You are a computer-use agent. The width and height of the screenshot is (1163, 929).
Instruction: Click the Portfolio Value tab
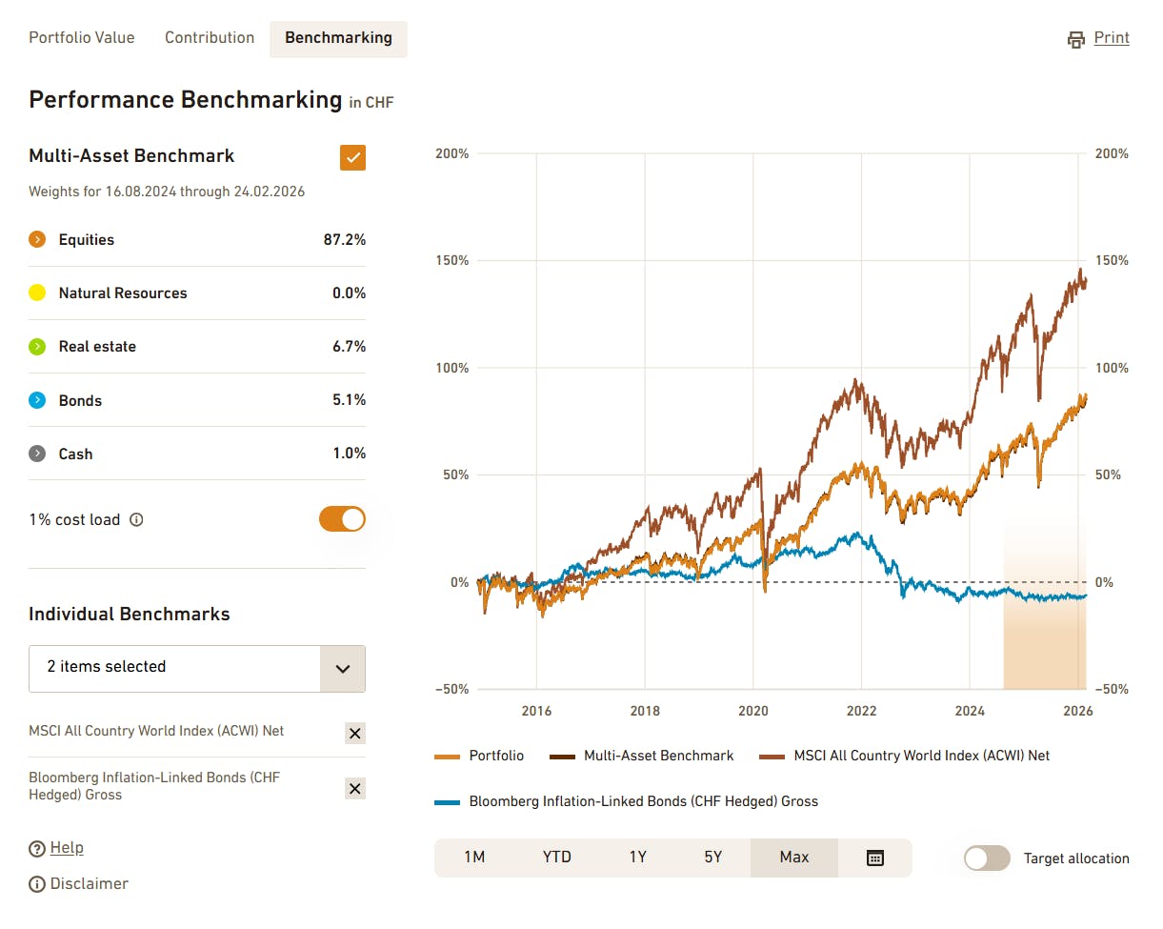tap(82, 38)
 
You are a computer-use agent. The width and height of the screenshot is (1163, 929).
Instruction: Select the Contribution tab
tap(210, 38)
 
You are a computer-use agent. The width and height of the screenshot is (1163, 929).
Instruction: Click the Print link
tap(1111, 38)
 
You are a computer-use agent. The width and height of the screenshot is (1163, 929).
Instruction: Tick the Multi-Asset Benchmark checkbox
tap(352, 157)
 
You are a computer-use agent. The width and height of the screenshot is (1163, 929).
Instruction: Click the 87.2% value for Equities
tap(344, 240)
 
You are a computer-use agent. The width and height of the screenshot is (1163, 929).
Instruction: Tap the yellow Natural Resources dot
tap(37, 293)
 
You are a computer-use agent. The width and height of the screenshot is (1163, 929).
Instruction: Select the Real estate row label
tap(97, 347)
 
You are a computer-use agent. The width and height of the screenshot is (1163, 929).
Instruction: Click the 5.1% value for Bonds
tap(349, 400)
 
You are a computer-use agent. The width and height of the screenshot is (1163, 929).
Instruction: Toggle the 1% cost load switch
tap(342, 519)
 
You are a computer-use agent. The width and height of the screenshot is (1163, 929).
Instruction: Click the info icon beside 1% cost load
tap(136, 520)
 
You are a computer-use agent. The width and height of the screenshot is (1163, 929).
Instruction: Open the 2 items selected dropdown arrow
tap(343, 668)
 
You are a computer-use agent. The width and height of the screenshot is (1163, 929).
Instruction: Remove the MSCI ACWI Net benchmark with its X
tap(354, 733)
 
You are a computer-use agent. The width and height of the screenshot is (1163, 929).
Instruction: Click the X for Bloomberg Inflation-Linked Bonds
tap(354, 788)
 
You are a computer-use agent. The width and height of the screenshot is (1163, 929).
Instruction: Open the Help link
tap(67, 848)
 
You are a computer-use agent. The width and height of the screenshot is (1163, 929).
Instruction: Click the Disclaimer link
tap(89, 884)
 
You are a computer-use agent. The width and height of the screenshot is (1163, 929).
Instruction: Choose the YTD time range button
tap(557, 858)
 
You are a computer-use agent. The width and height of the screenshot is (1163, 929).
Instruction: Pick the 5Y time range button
tap(713, 858)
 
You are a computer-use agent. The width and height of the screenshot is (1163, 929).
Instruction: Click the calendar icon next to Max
tap(874, 858)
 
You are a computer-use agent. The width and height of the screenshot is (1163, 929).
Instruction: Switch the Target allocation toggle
tap(986, 858)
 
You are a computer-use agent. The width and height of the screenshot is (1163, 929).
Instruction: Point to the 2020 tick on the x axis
tap(753, 711)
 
